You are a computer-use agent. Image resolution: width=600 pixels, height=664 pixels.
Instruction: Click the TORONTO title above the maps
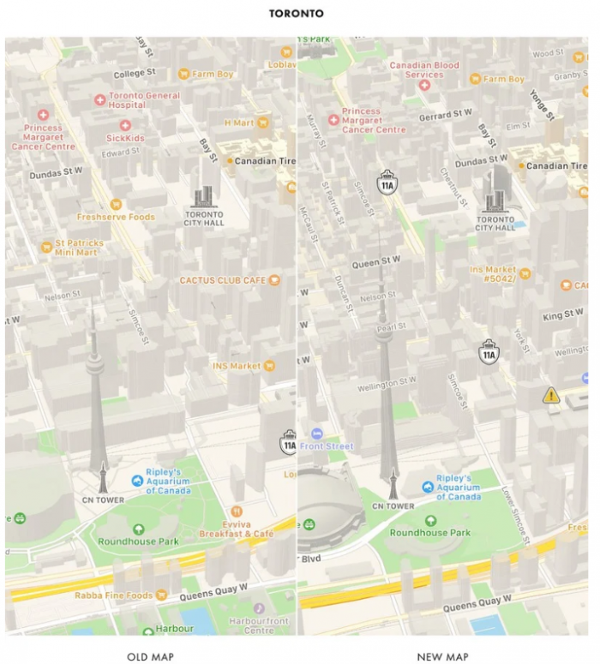click(x=297, y=14)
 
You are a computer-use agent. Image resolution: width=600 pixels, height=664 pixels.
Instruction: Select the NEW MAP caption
click(x=442, y=656)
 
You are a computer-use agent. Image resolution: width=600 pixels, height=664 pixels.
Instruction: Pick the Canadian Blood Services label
click(x=424, y=69)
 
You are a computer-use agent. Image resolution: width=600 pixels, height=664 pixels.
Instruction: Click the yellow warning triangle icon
click(x=550, y=395)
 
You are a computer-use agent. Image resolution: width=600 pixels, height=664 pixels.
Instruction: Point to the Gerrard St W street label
click(x=447, y=115)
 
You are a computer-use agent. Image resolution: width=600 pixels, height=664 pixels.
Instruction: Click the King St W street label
click(x=562, y=316)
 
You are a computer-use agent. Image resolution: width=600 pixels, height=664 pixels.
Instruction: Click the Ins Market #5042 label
click(x=492, y=274)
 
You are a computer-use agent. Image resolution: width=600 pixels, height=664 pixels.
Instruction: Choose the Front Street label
click(x=327, y=446)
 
